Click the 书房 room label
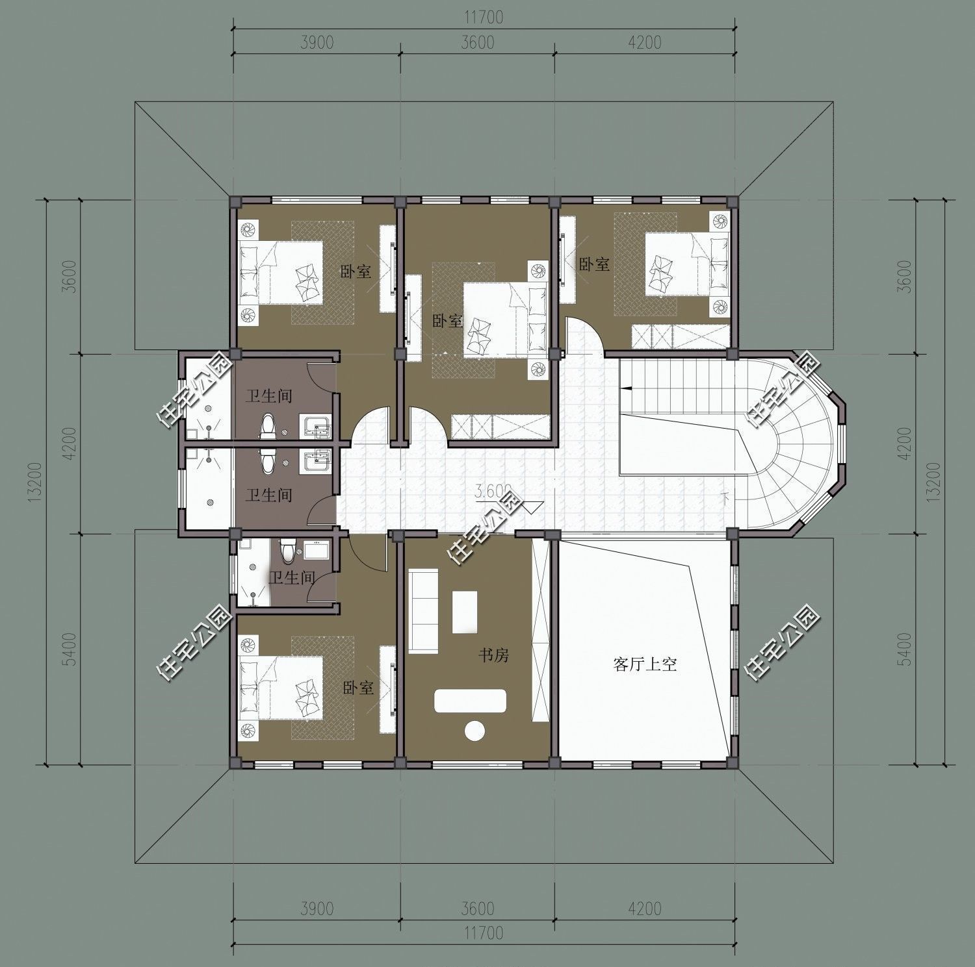[493, 656]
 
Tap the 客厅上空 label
[645, 664]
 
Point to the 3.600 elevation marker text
[494, 492]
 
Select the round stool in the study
[475, 731]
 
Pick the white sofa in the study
[422, 610]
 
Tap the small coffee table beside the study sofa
[465, 611]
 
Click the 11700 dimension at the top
[484, 18]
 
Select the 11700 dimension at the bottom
[484, 933]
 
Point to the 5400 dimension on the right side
[903, 649]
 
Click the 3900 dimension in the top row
[317, 42]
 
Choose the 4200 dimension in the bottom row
[645, 908]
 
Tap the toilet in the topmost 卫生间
[268, 426]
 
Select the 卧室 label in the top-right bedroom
[594, 264]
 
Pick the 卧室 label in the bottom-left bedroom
[358, 688]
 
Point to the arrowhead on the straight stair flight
[625, 388]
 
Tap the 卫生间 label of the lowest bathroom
[292, 577]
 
